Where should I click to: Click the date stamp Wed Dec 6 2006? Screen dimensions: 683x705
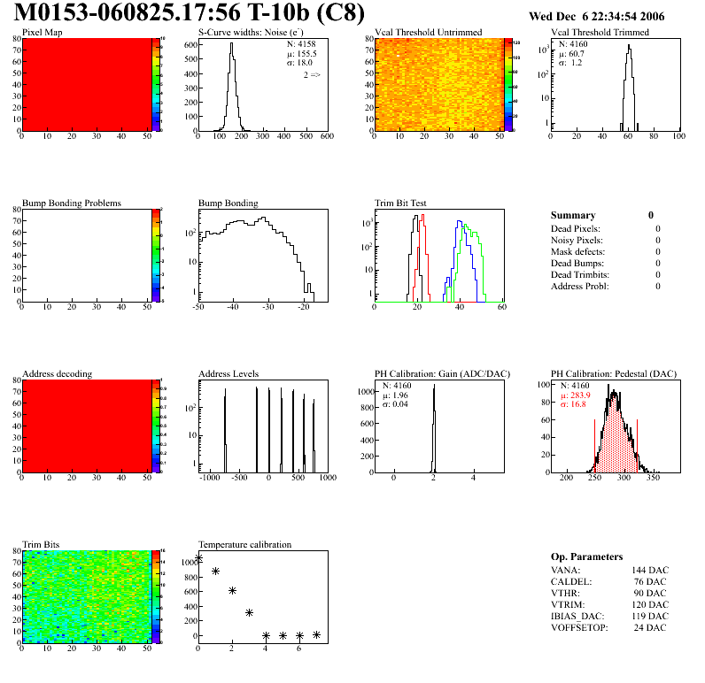[596, 16]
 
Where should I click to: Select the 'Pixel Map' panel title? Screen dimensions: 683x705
[42, 33]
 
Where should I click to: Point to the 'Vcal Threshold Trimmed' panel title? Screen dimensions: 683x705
[600, 33]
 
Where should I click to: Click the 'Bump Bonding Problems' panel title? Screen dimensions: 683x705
[71, 203]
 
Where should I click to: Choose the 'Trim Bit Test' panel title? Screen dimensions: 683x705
[400, 203]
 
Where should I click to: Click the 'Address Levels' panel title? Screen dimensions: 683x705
[229, 374]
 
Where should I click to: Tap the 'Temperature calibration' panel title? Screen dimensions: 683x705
[244, 545]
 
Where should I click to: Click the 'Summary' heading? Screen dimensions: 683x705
[573, 215]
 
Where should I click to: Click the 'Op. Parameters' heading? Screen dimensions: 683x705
[586, 556]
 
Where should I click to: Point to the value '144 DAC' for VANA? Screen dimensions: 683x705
[651, 571]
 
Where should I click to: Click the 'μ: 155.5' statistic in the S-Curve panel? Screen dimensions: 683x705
[302, 53]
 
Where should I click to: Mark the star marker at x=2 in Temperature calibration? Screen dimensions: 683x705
[232, 590]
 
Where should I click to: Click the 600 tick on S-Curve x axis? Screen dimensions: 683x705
[327, 136]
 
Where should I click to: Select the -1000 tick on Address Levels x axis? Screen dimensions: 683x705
[209, 478]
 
